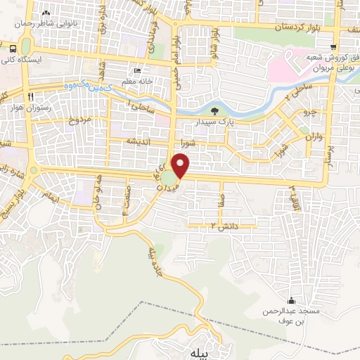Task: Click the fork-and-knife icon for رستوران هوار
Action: [30, 96]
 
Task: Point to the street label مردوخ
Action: [61, 121]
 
